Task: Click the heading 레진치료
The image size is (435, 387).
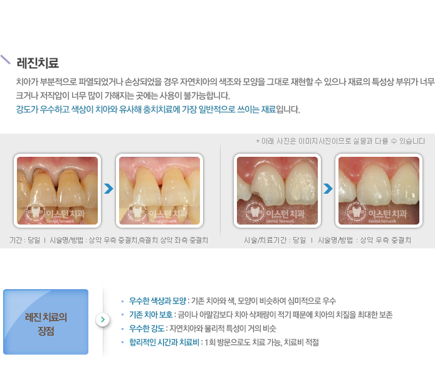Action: pyautogui.click(x=38, y=63)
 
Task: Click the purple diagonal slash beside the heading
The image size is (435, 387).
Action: pyautogui.click(x=5, y=60)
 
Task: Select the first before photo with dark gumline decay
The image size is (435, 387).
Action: pyautogui.click(x=58, y=191)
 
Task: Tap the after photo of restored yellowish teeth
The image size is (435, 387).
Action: pyautogui.click(x=159, y=191)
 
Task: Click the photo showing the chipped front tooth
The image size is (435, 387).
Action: pyautogui.click(x=277, y=191)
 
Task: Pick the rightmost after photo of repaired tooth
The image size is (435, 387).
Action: pyautogui.click(x=379, y=191)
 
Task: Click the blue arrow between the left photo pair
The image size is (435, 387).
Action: pyautogui.click(x=108, y=189)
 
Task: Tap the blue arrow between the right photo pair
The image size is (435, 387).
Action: pyautogui.click(x=328, y=189)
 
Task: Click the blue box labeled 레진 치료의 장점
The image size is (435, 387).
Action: pyautogui.click(x=46, y=322)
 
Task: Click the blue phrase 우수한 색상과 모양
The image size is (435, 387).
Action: pyautogui.click(x=157, y=300)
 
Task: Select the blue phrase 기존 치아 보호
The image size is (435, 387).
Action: pyautogui.click(x=151, y=314)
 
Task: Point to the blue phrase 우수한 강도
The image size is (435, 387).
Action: pyautogui.click(x=147, y=329)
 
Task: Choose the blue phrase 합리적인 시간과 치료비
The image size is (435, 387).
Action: pyautogui.click(x=164, y=342)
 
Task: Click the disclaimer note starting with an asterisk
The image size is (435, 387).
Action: pyautogui.click(x=340, y=141)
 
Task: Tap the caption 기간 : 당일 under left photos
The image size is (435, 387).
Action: pyautogui.click(x=25, y=240)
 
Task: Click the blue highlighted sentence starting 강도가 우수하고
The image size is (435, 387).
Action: pyautogui.click(x=146, y=109)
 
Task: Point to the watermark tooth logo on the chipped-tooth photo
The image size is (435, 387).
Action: pyautogui.click(x=254, y=213)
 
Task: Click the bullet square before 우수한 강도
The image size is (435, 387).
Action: pyautogui.click(x=122, y=329)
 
